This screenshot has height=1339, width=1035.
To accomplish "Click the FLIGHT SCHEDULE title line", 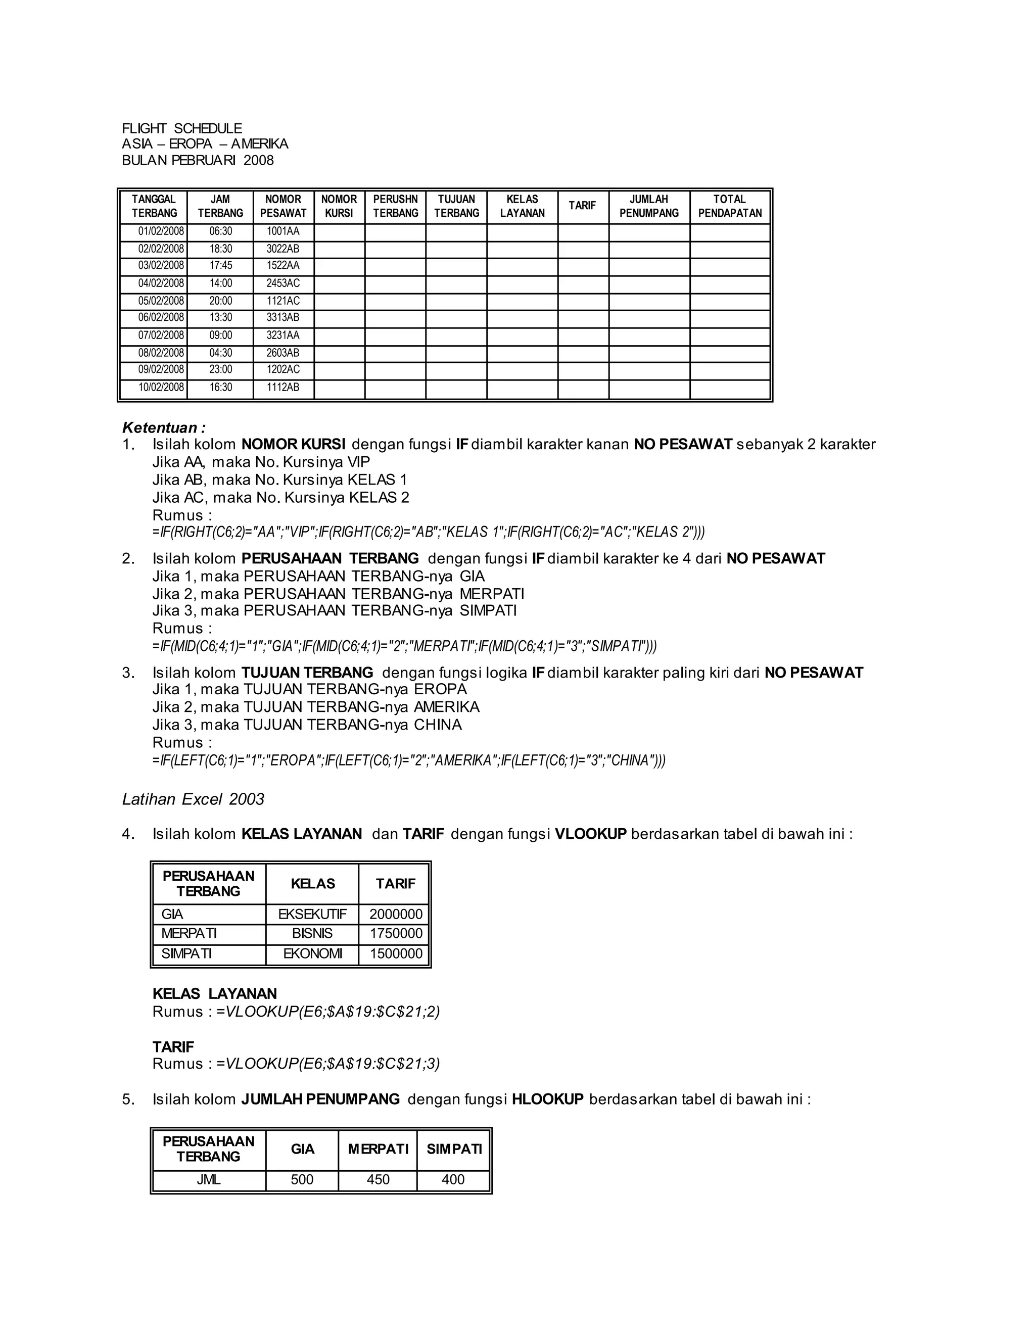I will point(181,128).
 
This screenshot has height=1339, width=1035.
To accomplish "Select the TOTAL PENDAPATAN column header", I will point(729,206).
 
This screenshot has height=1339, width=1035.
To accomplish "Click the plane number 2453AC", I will point(283,283).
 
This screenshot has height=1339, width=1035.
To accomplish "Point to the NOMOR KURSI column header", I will point(339,206).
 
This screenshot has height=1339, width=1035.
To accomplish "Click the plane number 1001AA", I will point(283,232).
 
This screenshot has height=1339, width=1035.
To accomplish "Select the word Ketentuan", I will point(161,427).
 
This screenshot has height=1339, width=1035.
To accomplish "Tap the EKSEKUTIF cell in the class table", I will point(312,914).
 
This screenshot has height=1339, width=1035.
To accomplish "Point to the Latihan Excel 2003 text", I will point(193,799).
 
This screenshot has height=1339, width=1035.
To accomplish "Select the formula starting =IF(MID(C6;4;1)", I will point(405,646).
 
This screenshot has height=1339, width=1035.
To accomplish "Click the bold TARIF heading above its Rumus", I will point(173,1046).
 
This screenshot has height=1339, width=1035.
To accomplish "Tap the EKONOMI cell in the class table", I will point(312,953).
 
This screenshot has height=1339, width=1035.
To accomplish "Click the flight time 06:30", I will point(220,232).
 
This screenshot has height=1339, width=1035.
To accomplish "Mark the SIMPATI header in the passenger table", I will point(454,1149).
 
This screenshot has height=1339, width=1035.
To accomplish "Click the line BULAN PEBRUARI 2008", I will point(198,160).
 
